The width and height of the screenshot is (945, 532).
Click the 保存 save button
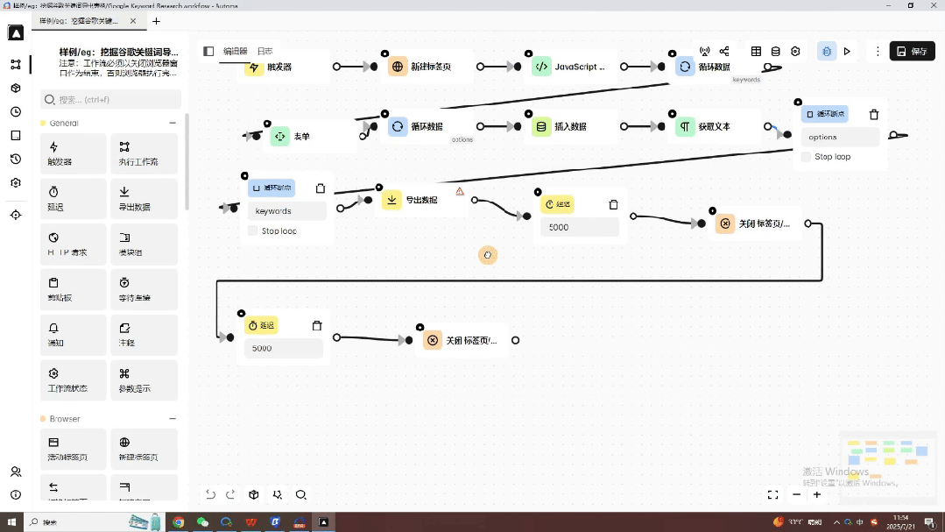tap(912, 52)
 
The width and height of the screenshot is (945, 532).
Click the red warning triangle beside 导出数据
tap(460, 191)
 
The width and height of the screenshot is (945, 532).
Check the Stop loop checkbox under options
tap(807, 157)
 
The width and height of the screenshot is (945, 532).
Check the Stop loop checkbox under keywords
tap(253, 231)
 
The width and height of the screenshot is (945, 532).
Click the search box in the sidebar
tap(111, 99)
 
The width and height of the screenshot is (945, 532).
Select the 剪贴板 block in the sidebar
tap(74, 289)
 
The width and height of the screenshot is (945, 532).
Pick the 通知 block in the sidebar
tap(74, 335)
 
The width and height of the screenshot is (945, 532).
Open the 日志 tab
tap(264, 52)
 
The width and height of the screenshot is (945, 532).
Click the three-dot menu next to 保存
tap(878, 52)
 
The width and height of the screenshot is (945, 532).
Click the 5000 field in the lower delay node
tap(284, 348)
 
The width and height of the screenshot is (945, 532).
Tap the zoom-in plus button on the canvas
tap(817, 495)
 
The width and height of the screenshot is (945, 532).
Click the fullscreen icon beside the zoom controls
tap(772, 495)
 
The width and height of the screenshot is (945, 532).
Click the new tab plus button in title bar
tap(157, 21)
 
